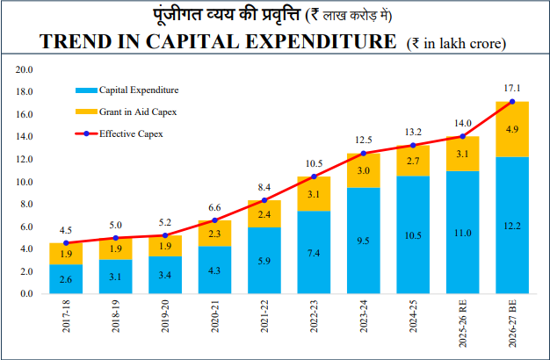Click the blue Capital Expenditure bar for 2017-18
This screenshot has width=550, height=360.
tap(66, 278)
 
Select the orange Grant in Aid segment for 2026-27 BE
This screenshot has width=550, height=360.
tap(512, 129)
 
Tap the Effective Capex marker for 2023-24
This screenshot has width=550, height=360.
tap(364, 153)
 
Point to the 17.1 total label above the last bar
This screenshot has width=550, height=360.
tap(512, 89)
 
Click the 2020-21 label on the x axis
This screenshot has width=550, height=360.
tap(214, 316)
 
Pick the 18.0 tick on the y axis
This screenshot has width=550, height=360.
tap(24, 92)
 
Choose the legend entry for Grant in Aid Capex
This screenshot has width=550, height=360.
tap(127, 112)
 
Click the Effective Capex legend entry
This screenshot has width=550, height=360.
tap(119, 134)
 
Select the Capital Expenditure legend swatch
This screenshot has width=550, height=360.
tap(86, 90)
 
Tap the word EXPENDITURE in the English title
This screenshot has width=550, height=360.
tap(321, 41)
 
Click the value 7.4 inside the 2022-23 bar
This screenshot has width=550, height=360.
tap(314, 253)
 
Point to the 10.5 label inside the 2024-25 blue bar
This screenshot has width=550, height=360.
tap(413, 235)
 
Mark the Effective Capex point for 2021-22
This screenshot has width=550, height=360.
tap(264, 200)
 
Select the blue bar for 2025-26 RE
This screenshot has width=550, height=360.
tap(463, 233)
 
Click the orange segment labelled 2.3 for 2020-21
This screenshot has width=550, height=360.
tap(214, 234)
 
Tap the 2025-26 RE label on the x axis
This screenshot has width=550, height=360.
tap(463, 323)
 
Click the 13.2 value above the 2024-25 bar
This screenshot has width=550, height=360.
tap(413, 133)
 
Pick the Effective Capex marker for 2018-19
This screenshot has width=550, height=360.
tap(116, 238)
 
